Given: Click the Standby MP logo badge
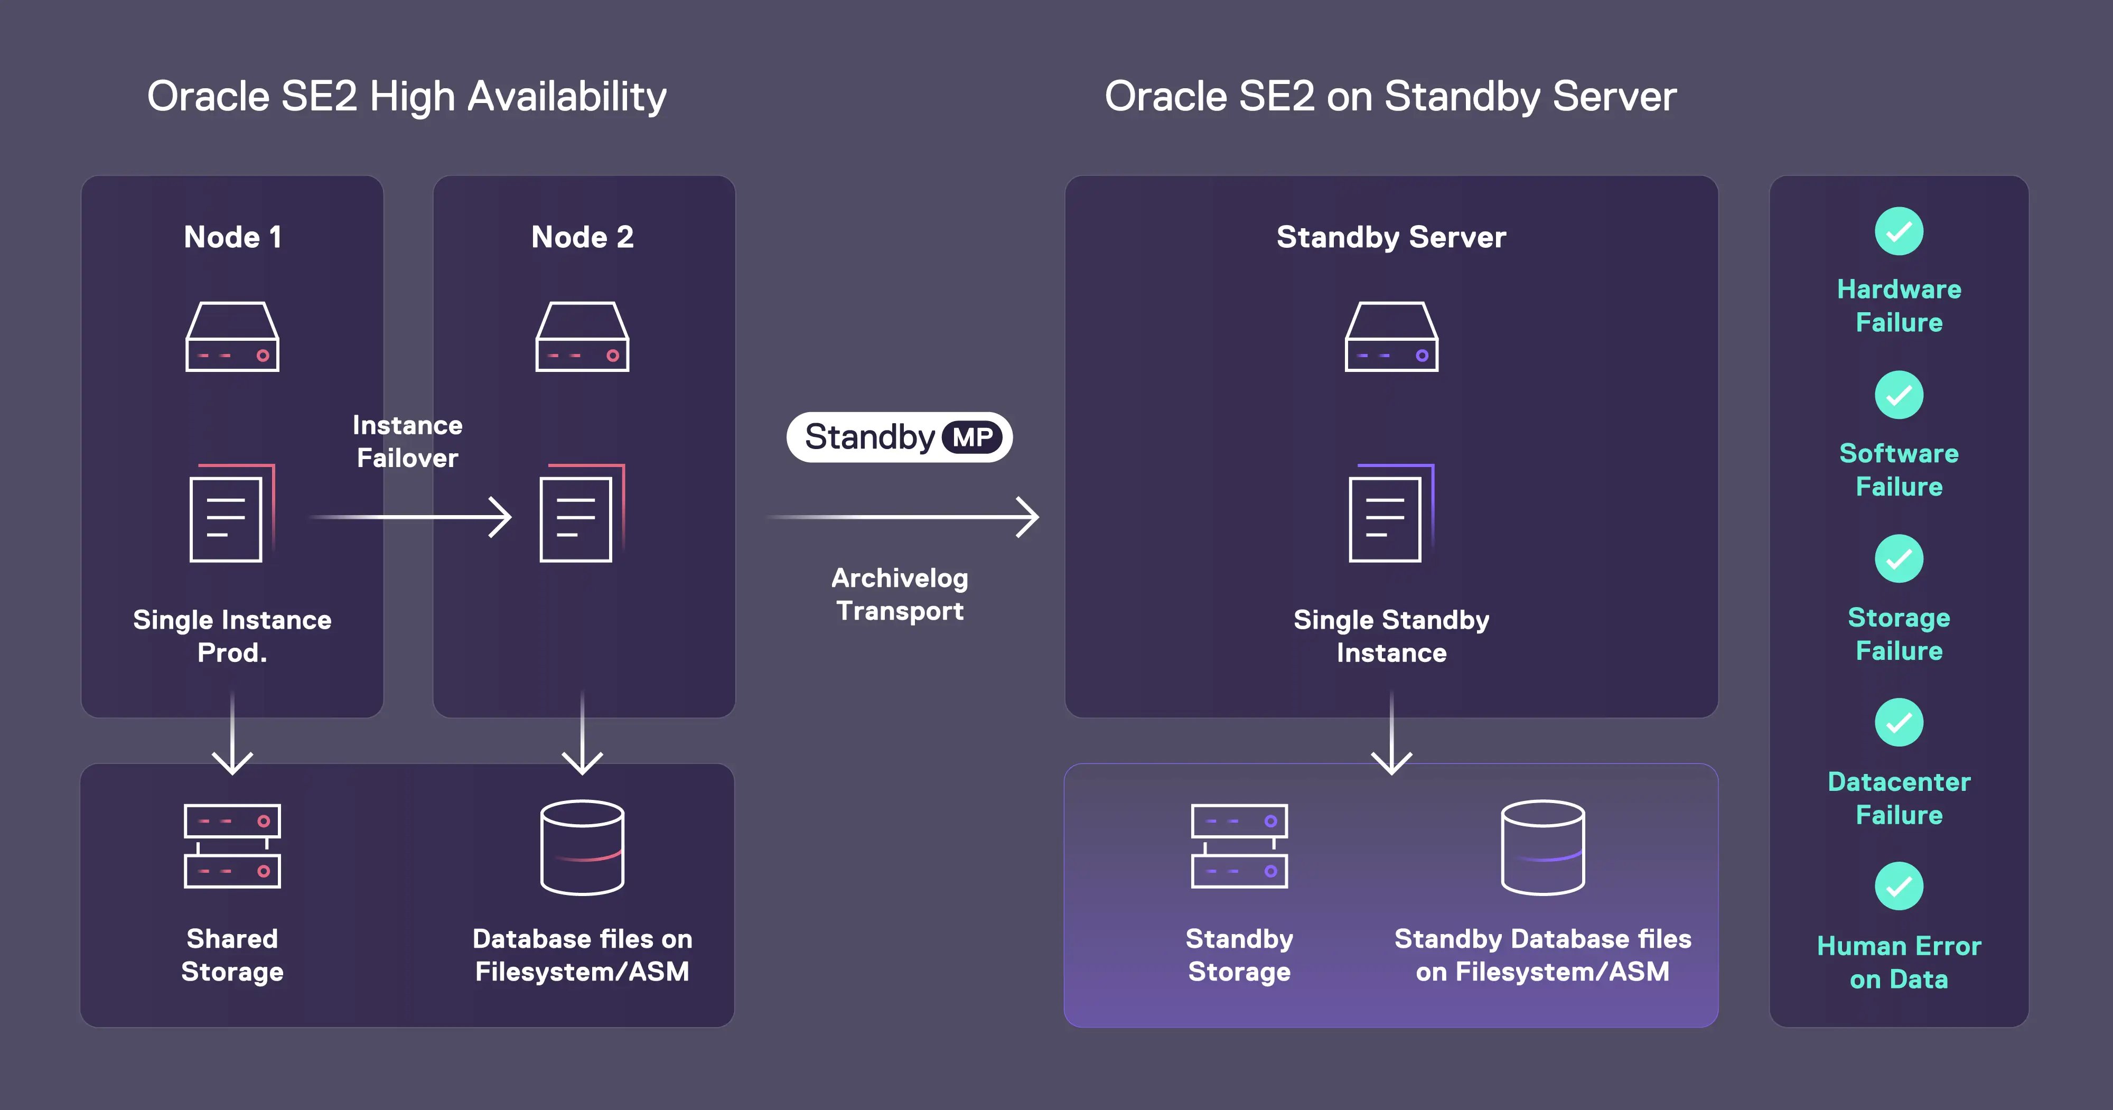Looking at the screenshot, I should (x=899, y=437).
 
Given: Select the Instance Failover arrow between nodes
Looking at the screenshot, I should (x=410, y=517).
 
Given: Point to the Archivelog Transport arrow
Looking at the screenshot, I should (x=902, y=517).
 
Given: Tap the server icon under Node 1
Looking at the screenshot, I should (x=232, y=337).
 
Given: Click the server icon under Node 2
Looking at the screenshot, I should (x=582, y=337).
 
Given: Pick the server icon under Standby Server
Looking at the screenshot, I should (x=1391, y=337).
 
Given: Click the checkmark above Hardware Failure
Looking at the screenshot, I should (x=1899, y=231).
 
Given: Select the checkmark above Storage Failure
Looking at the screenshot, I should (x=1899, y=558).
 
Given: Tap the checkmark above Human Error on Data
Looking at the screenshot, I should (x=1899, y=886).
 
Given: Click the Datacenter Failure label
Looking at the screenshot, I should (x=1899, y=798).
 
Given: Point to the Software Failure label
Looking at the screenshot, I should (x=1899, y=470).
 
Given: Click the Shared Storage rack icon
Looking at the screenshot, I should (x=232, y=846).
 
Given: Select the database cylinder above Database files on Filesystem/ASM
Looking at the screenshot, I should (x=582, y=847).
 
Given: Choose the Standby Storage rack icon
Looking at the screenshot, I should (x=1239, y=846).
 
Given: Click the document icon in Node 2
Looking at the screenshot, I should (x=581, y=515).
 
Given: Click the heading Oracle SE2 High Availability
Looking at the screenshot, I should (x=407, y=97).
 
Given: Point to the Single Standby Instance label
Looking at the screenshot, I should (x=1391, y=636).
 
